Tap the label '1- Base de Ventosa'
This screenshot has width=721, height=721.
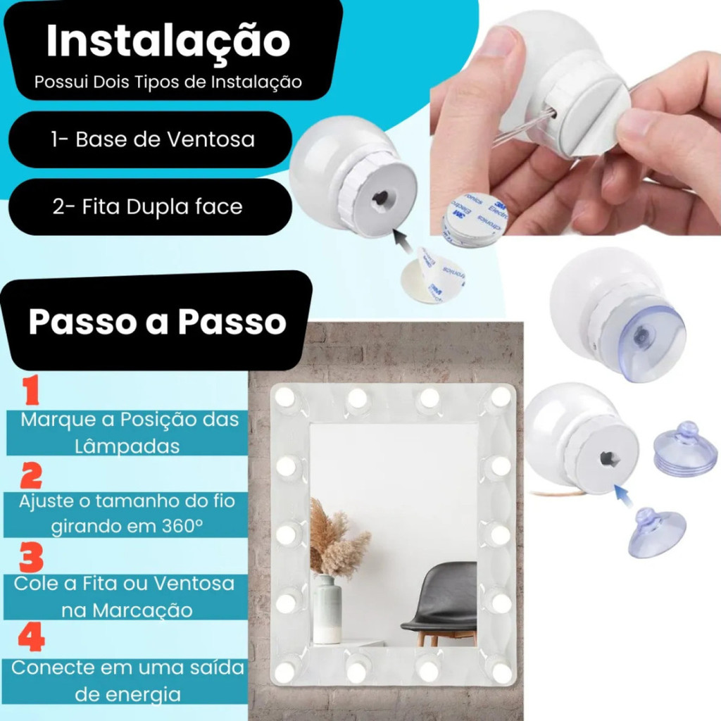[153, 139]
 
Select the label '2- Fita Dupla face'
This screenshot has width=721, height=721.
[147, 207]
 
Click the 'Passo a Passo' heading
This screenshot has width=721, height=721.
[157, 321]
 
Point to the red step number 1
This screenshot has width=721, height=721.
[32, 390]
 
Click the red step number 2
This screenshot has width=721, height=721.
[31, 475]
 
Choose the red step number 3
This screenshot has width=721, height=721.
[31, 557]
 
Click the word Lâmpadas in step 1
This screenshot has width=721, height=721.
[127, 446]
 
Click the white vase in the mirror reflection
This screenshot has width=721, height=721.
[327, 608]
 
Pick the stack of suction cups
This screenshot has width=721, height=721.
[684, 449]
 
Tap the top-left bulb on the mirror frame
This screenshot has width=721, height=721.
[285, 396]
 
